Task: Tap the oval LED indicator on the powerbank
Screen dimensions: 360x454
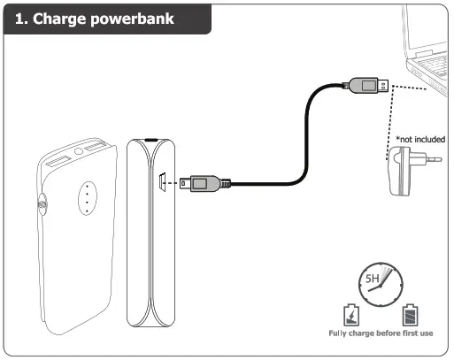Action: [x=87, y=197]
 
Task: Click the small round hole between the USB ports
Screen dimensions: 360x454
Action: [x=79, y=152]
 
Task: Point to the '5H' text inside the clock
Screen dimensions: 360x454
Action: [x=374, y=281]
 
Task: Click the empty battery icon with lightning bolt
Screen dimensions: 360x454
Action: [x=350, y=315]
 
